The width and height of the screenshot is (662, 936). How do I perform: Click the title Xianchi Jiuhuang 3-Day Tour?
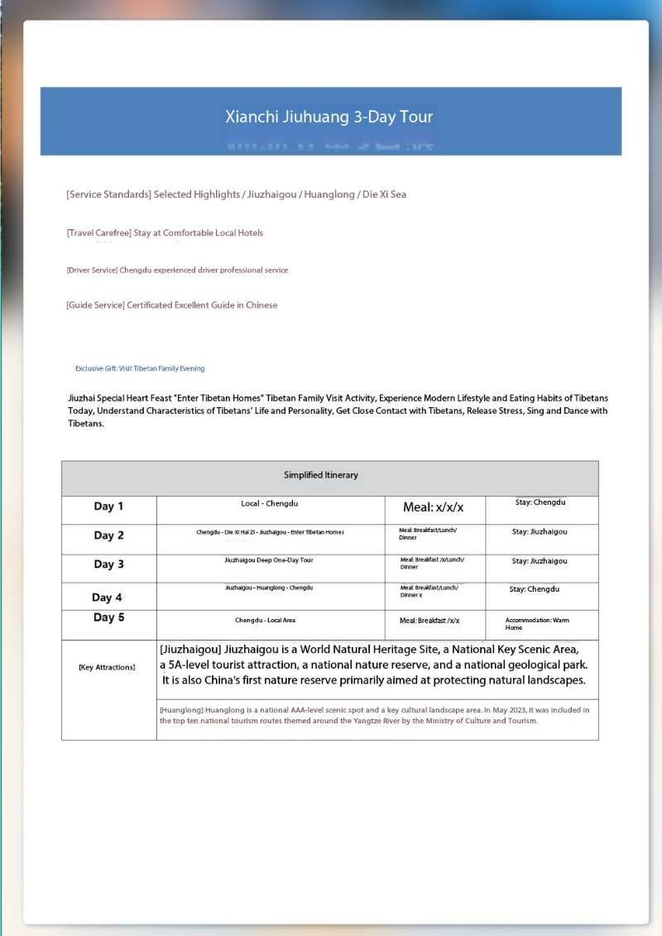click(329, 117)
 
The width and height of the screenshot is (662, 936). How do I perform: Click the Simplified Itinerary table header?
click(321, 475)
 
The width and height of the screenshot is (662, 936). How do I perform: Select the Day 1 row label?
click(108, 506)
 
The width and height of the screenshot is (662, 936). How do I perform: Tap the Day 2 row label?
click(108, 535)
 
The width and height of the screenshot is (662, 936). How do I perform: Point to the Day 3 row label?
click(108, 564)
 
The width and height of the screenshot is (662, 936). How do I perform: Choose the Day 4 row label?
click(107, 598)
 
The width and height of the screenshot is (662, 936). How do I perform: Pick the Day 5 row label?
click(108, 617)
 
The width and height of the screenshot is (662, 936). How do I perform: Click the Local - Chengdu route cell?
click(270, 503)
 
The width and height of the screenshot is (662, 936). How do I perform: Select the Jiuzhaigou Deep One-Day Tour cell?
click(269, 560)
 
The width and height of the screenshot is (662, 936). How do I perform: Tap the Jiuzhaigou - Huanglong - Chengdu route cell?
click(269, 588)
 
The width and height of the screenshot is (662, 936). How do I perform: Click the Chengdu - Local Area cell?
click(265, 620)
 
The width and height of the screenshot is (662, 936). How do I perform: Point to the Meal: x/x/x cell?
click(434, 507)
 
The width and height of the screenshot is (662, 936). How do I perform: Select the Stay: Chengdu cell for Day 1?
click(540, 502)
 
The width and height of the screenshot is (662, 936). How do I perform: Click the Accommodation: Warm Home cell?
click(537, 623)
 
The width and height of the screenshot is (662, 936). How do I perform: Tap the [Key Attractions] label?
click(107, 667)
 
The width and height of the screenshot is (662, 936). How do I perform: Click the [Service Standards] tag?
click(108, 194)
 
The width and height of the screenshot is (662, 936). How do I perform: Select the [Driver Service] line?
click(177, 271)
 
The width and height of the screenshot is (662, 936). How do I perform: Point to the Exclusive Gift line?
click(140, 368)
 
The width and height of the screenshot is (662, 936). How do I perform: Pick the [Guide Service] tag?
click(95, 305)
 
